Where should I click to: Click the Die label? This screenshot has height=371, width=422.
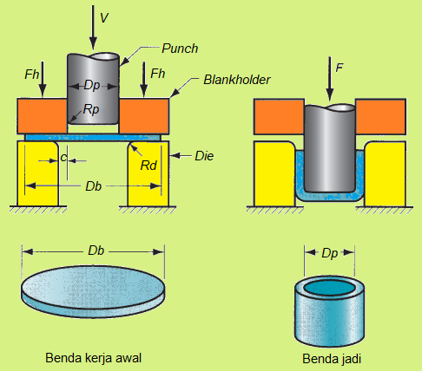click(204, 156)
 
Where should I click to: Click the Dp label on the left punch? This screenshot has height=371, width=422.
click(93, 85)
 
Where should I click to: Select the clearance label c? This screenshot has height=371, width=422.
click(64, 158)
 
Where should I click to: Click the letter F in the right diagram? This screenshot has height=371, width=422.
click(339, 65)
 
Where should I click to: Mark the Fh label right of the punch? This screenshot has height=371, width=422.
click(157, 74)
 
